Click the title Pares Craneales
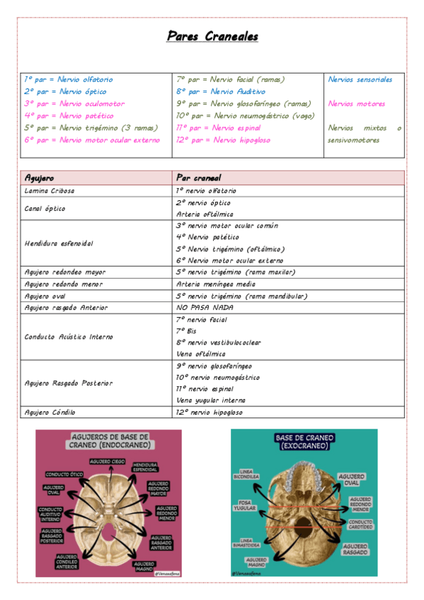point(212,36)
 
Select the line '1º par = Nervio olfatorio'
point(69,80)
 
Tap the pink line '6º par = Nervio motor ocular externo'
point(92,140)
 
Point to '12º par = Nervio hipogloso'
point(223,140)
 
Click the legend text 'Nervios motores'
point(357,104)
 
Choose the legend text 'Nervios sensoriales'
point(360,80)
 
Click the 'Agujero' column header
point(40,178)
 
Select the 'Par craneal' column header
point(198,178)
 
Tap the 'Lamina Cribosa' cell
point(49,191)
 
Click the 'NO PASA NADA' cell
point(202,308)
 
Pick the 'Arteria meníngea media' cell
point(215,284)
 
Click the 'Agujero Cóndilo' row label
point(50,412)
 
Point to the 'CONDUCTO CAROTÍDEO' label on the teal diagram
point(357,526)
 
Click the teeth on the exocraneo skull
point(304,473)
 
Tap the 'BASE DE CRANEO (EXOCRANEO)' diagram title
point(304,442)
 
